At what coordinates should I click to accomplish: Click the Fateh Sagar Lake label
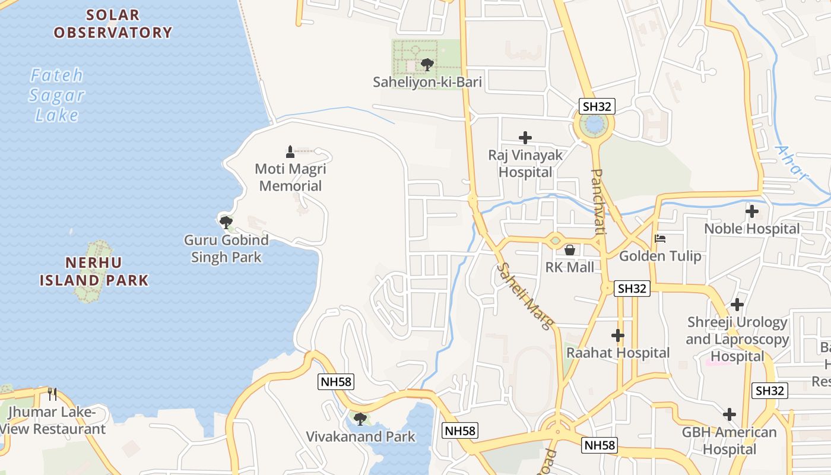point(57,95)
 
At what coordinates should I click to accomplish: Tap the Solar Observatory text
point(113,24)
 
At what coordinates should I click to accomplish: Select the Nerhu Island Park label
point(94,271)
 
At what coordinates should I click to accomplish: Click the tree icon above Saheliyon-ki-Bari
point(426,64)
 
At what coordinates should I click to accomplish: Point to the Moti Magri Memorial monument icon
point(290,151)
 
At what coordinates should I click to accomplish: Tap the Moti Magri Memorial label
point(290,178)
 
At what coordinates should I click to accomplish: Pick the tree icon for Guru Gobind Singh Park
point(226,222)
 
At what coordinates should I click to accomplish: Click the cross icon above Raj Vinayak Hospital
point(525,138)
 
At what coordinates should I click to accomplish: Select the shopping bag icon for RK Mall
point(569,250)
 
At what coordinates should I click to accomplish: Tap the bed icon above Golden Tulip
point(660,239)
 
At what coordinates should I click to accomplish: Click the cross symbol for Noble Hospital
point(752,211)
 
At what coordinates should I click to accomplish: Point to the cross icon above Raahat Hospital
point(618,335)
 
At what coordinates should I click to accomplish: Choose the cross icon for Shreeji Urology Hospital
point(737,305)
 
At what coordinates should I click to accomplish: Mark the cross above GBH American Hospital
point(729,414)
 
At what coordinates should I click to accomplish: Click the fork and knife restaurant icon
point(52,394)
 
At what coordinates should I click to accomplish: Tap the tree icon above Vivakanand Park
point(360,419)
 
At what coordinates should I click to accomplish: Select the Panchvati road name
point(598,201)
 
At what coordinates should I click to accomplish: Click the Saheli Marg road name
point(526,296)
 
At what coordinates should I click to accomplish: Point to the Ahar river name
point(792,161)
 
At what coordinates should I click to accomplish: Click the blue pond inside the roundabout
point(593,125)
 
